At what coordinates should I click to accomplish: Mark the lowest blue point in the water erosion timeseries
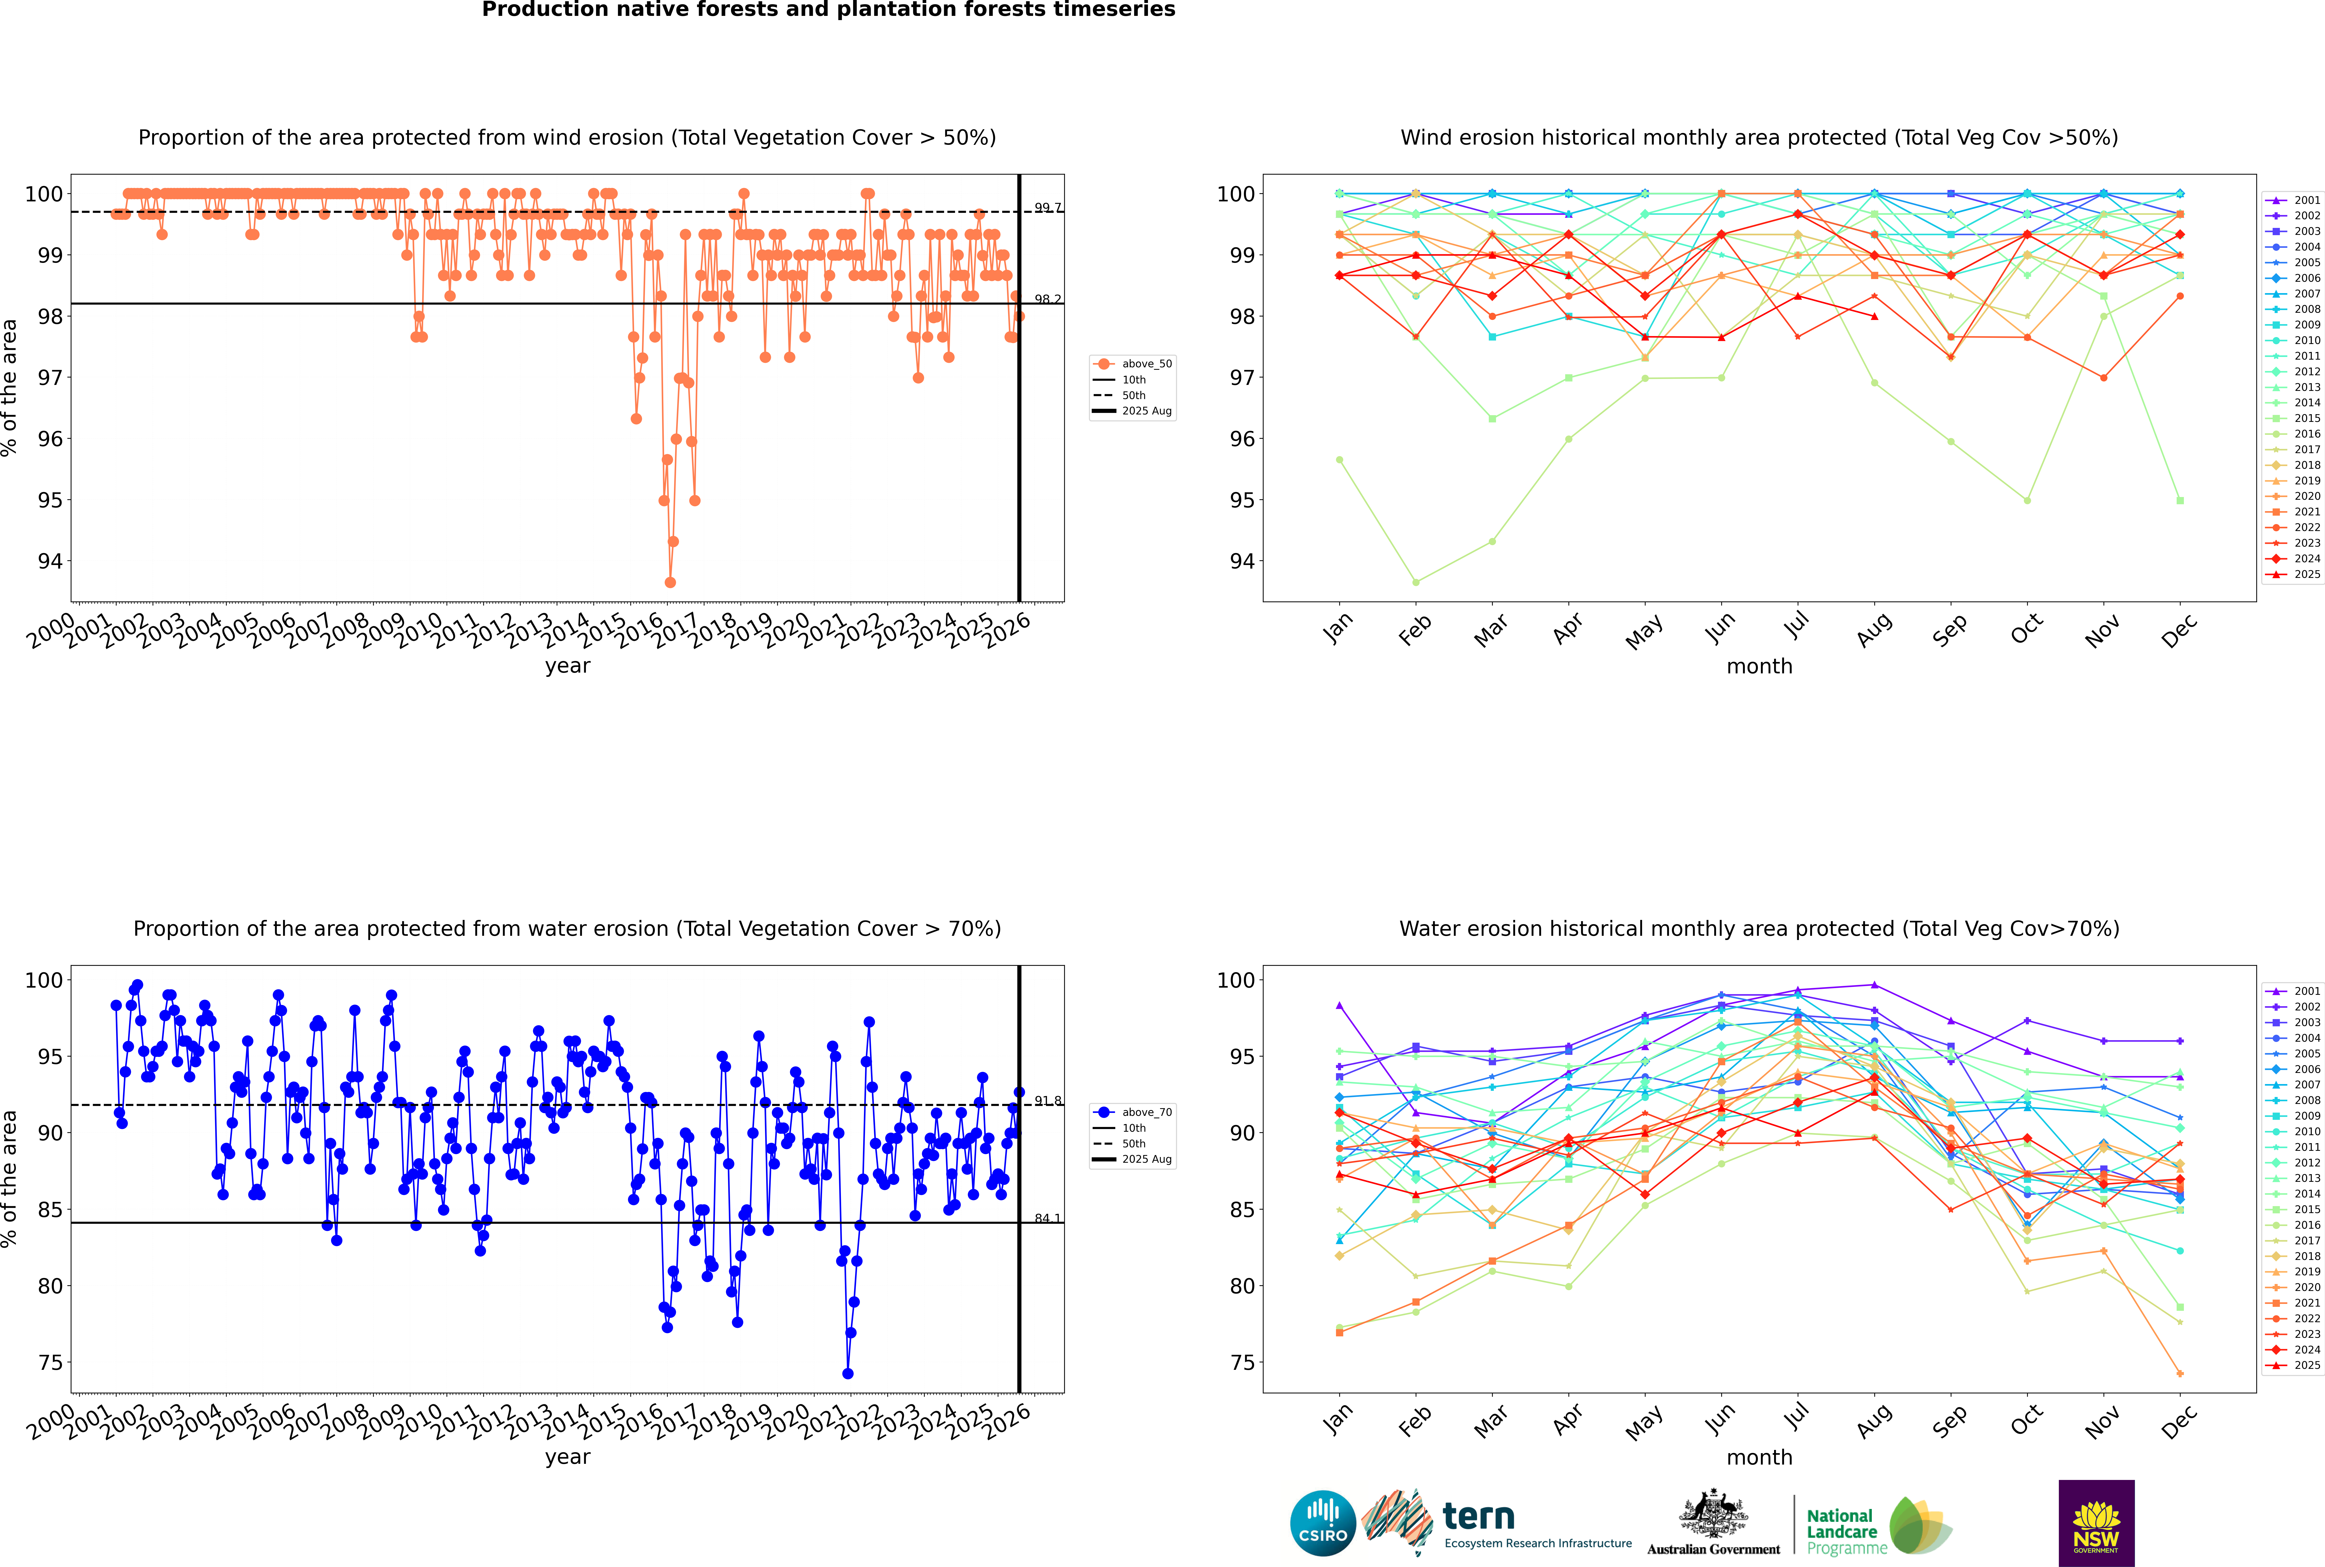point(848,1373)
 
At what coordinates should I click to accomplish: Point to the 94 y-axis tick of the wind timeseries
point(50,562)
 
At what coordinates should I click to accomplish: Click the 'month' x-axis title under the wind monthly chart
point(1759,667)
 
